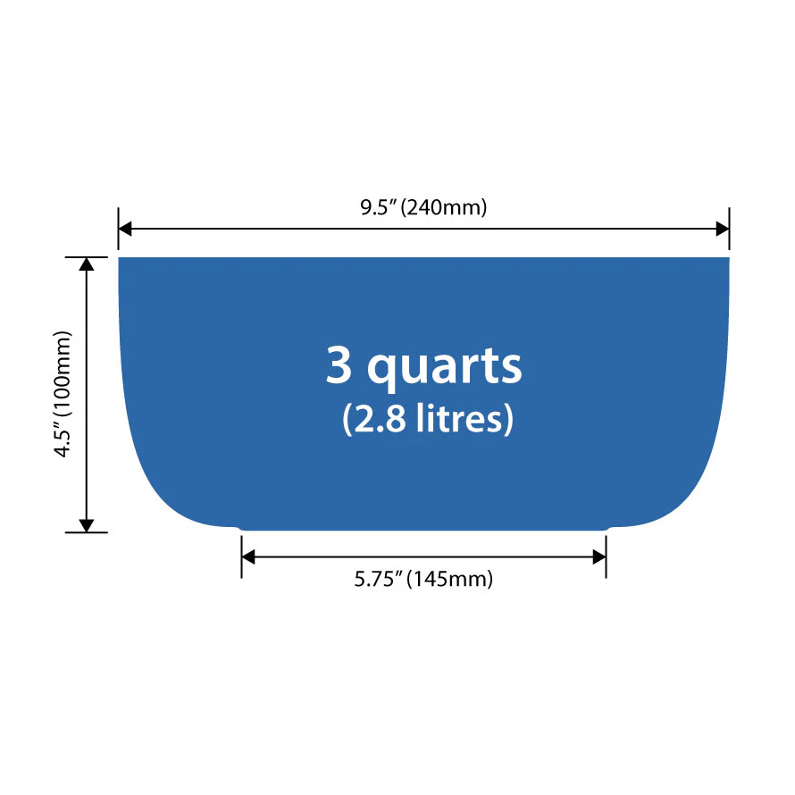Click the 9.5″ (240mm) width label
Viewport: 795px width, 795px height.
(423, 207)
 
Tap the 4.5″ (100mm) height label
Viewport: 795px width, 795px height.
(63, 394)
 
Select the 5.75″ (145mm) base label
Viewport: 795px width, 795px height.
(423, 579)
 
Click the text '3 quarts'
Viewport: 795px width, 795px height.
(423, 367)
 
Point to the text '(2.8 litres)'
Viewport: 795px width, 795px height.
(428, 419)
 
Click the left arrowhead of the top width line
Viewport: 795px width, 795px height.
(125, 229)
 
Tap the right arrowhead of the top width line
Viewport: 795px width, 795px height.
(723, 229)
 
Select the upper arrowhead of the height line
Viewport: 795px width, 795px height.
(87, 264)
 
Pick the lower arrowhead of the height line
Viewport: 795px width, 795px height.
(87, 526)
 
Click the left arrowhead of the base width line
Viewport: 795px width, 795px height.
(248, 557)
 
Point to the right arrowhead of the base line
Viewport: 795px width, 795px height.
(599, 557)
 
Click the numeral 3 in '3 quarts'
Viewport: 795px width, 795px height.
(339, 364)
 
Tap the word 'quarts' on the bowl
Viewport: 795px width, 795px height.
(444, 369)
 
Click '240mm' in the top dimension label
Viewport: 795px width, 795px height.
(444, 207)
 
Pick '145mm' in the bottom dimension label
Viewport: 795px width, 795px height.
(449, 579)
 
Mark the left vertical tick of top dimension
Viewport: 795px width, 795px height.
(119, 229)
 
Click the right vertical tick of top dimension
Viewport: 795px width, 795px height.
(729, 229)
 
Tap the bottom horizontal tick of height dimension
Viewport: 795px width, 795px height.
(87, 532)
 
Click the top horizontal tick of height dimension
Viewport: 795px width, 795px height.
(87, 257)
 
